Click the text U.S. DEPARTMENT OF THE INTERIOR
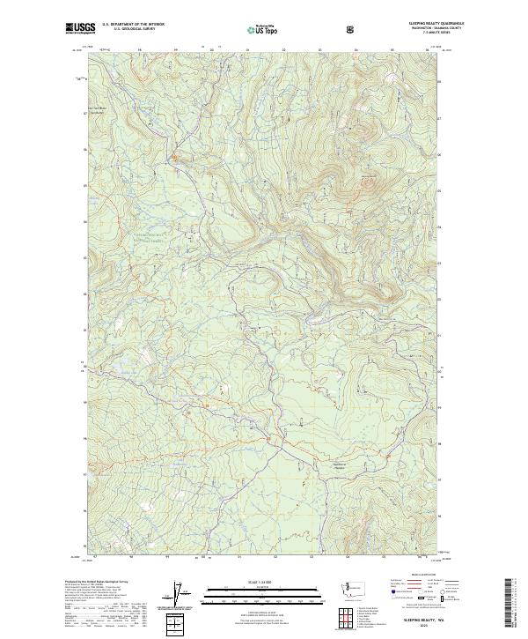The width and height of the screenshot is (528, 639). pos(133,26)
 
